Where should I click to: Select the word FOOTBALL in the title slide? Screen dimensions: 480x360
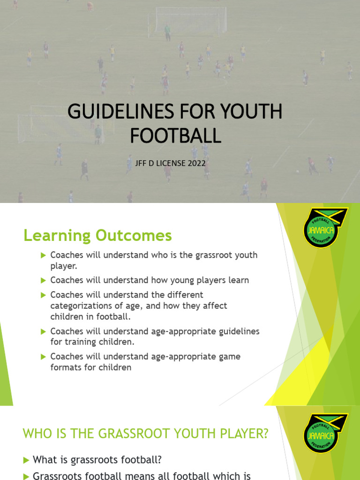[175, 135]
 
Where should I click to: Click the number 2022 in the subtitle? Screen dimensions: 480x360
[196, 163]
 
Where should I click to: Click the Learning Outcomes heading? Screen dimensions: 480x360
[97, 236]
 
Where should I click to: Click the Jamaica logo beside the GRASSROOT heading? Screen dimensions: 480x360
[325, 433]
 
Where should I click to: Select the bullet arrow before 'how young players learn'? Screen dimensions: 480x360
[44, 280]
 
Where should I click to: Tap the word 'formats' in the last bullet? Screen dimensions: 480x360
[65, 367]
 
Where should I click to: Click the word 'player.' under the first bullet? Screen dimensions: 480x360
[63, 266]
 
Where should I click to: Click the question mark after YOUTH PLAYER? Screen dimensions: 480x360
[265, 434]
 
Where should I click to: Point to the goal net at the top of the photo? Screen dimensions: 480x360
[190, 20]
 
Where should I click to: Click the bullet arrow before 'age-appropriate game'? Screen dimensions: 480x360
[44, 357]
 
